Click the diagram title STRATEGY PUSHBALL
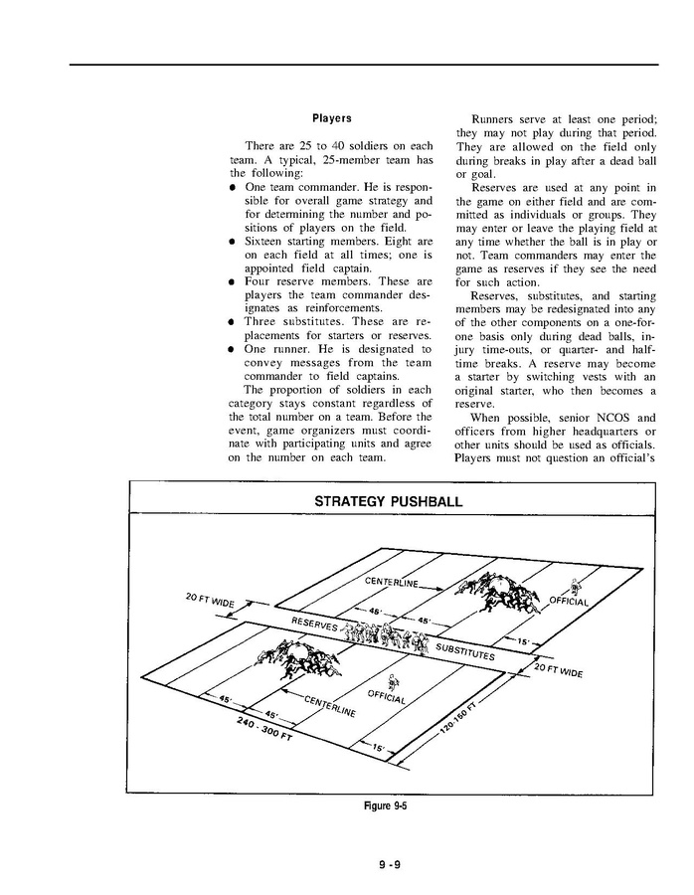[388, 501]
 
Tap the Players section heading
[331, 118]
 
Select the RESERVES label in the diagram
[314, 624]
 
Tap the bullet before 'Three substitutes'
[232, 322]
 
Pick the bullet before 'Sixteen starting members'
[232, 241]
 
